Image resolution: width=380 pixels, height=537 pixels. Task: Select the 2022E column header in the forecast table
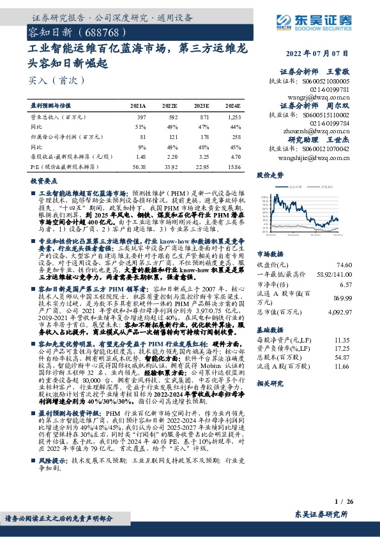click(169, 106)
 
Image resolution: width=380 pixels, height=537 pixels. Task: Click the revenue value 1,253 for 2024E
click(233, 117)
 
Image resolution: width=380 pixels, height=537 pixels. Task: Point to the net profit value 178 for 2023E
click(202, 137)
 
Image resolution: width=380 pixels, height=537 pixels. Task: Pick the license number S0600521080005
click(327, 82)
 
